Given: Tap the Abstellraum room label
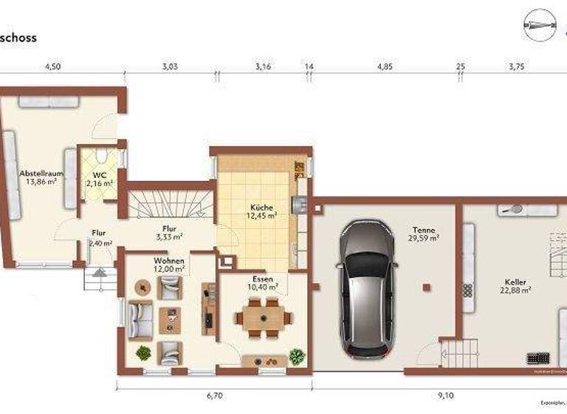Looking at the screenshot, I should (41, 174).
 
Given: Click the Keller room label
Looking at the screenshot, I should (515, 282).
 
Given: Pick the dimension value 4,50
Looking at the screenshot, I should (52, 67).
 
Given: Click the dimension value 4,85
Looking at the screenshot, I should (385, 67).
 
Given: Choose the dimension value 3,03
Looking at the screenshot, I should (170, 67).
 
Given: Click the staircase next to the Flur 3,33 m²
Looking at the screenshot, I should (171, 205).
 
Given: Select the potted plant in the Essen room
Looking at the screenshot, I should (297, 356).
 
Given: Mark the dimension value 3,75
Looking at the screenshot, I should (516, 67).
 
